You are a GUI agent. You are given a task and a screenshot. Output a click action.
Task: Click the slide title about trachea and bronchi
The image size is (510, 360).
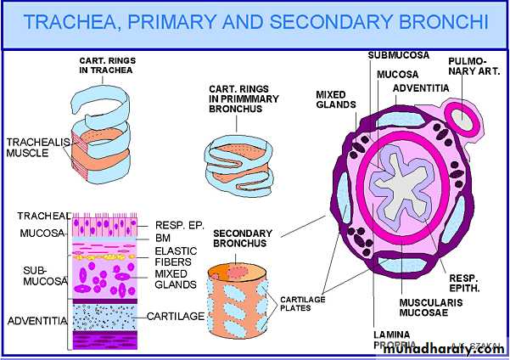[x=255, y=22]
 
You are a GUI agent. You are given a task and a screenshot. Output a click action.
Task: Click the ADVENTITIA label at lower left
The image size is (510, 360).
[x=33, y=321]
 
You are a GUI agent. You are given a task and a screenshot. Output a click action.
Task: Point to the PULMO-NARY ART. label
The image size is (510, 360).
[x=468, y=73]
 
